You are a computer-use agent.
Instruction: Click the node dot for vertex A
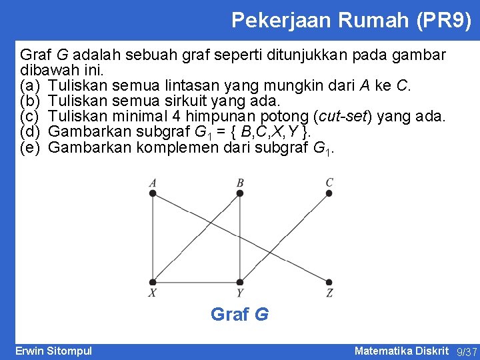[x=153, y=193]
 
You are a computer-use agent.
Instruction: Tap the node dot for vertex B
[x=240, y=193]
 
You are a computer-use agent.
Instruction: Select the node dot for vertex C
[x=329, y=193]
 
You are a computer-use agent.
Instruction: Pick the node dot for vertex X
[x=153, y=282]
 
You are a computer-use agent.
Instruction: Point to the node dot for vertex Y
[x=240, y=282]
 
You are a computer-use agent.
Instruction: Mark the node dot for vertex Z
[x=329, y=282]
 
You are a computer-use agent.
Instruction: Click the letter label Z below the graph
[x=330, y=293]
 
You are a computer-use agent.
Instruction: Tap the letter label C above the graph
[x=329, y=182]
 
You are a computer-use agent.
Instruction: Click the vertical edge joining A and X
[x=153, y=237]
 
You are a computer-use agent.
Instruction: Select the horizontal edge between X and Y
[x=196, y=282]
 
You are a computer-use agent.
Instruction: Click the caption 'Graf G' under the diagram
[x=239, y=314]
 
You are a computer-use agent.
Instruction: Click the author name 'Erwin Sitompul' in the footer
[x=53, y=351]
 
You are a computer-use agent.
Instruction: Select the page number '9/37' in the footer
[x=469, y=352]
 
